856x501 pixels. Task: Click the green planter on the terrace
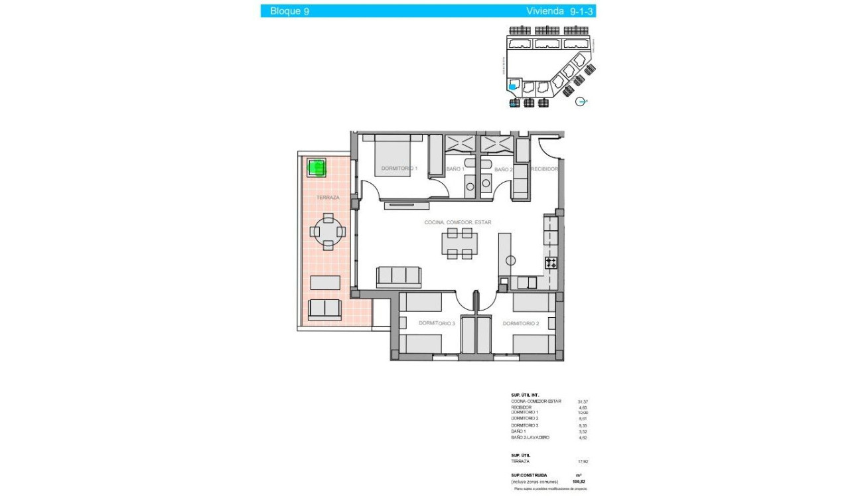click(317, 167)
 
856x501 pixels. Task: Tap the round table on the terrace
click(328, 231)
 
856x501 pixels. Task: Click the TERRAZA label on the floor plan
click(328, 198)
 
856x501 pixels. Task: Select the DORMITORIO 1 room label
click(399, 169)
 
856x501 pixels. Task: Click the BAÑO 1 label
click(455, 169)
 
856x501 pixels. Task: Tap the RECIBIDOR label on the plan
click(545, 169)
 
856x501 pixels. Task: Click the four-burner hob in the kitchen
click(551, 263)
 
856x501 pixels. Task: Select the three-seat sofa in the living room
click(398, 276)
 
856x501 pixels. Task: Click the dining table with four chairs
click(460, 244)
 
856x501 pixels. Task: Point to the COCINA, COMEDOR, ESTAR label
click(458, 222)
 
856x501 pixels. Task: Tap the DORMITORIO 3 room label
click(437, 323)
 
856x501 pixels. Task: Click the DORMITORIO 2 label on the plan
click(520, 323)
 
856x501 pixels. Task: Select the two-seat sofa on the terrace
click(325, 309)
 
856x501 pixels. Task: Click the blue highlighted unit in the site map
click(512, 86)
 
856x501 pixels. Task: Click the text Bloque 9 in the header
click(289, 11)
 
